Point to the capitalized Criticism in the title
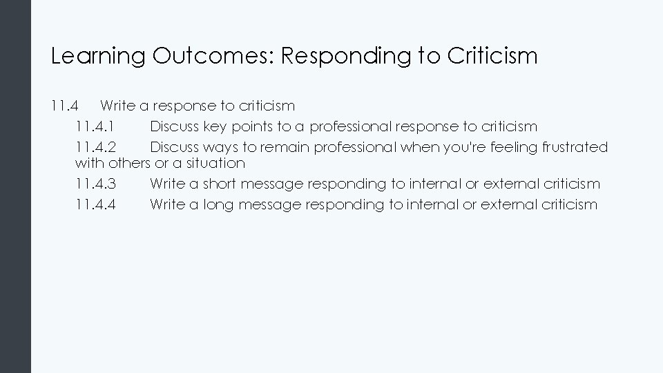pyautogui.click(x=492, y=56)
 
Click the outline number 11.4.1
pyautogui.click(x=95, y=126)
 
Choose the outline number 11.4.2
pyautogui.click(x=95, y=147)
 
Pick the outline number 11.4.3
pyautogui.click(x=95, y=184)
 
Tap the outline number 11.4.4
pyautogui.click(x=95, y=204)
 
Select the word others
pyautogui.click(x=125, y=163)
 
